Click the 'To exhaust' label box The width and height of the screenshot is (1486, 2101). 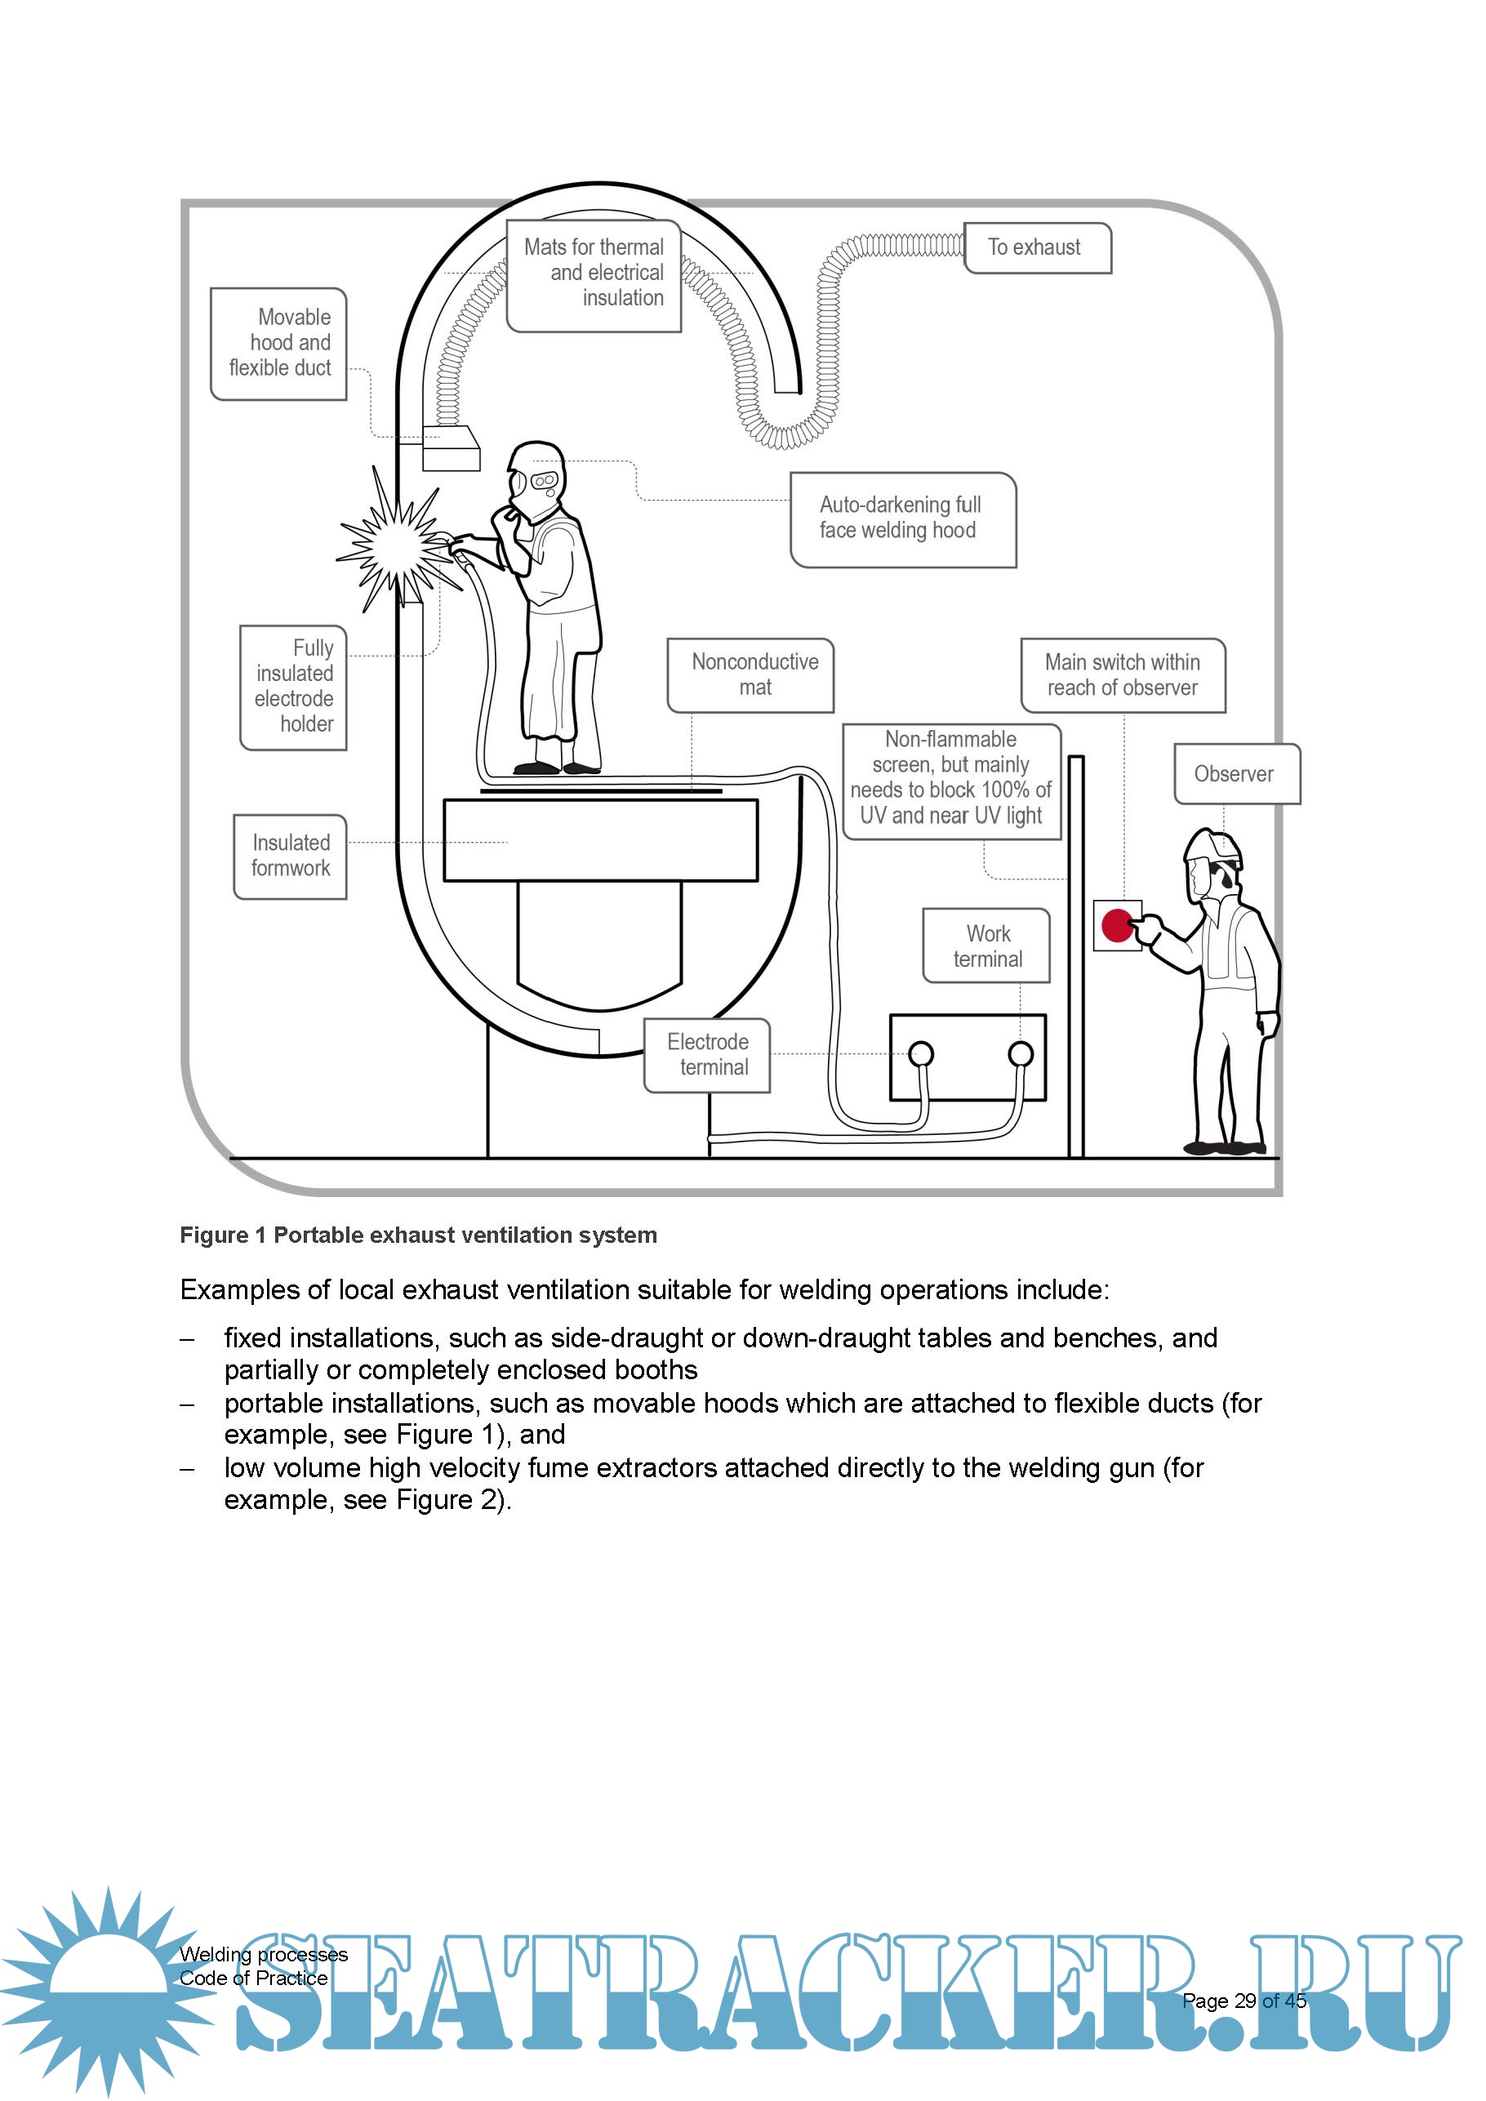[x=1037, y=248]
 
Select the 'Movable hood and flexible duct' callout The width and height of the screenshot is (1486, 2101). [x=279, y=343]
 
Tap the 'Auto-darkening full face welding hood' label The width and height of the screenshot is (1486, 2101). [x=902, y=519]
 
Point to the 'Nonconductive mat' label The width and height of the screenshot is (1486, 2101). [x=750, y=674]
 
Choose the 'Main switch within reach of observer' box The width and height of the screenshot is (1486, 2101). [x=1122, y=675]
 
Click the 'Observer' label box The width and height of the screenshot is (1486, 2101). [x=1236, y=774]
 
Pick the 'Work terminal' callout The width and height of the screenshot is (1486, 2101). [x=986, y=946]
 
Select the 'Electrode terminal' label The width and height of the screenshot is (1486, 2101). [x=707, y=1055]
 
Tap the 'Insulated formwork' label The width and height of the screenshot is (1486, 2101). [x=290, y=857]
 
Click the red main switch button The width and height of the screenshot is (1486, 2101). [x=1117, y=925]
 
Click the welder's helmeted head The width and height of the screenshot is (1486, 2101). [x=536, y=476]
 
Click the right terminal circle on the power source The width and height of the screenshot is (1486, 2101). [x=1021, y=1054]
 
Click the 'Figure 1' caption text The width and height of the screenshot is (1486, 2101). [x=418, y=1235]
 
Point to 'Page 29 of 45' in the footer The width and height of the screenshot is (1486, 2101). [x=1244, y=2001]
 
